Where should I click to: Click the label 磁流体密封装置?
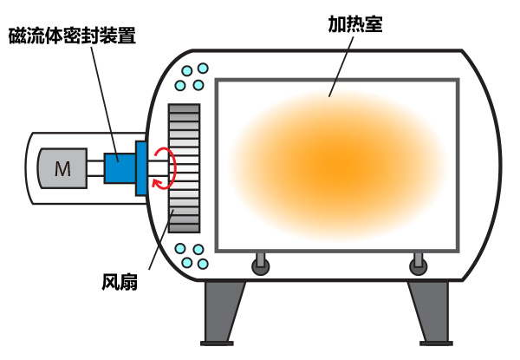(72, 36)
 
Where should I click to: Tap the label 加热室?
(355, 24)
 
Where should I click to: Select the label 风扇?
(120, 283)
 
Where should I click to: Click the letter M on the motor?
(62, 169)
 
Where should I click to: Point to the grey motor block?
(62, 168)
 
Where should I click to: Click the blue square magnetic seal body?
(120, 168)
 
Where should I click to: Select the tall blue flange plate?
(141, 168)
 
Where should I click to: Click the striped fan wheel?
(184, 168)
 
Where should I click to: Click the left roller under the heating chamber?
(261, 264)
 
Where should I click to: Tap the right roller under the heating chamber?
(419, 264)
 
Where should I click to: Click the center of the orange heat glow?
(338, 166)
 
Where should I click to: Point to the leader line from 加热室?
(341, 66)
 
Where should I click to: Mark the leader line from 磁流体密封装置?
(105, 104)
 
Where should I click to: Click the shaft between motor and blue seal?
(96, 168)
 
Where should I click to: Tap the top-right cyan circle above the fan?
(203, 69)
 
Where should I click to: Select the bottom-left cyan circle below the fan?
(187, 263)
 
